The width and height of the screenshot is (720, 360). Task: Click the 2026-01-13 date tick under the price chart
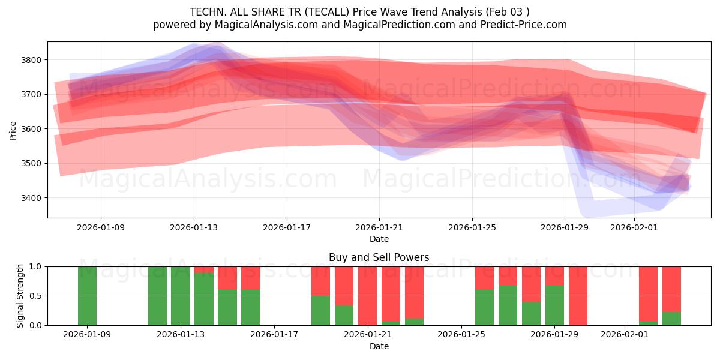point(193,227)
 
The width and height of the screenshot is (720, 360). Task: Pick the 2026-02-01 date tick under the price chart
point(634,227)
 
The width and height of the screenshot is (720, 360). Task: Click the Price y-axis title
point(13,130)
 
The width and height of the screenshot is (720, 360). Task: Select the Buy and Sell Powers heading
point(379,257)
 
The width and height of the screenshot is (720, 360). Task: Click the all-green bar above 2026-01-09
point(87,296)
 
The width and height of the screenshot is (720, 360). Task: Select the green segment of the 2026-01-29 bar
point(554,305)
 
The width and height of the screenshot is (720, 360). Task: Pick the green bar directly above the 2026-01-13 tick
point(181,296)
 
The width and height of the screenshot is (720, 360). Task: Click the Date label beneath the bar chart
point(379,346)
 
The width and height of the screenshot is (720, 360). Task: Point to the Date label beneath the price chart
point(379,239)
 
